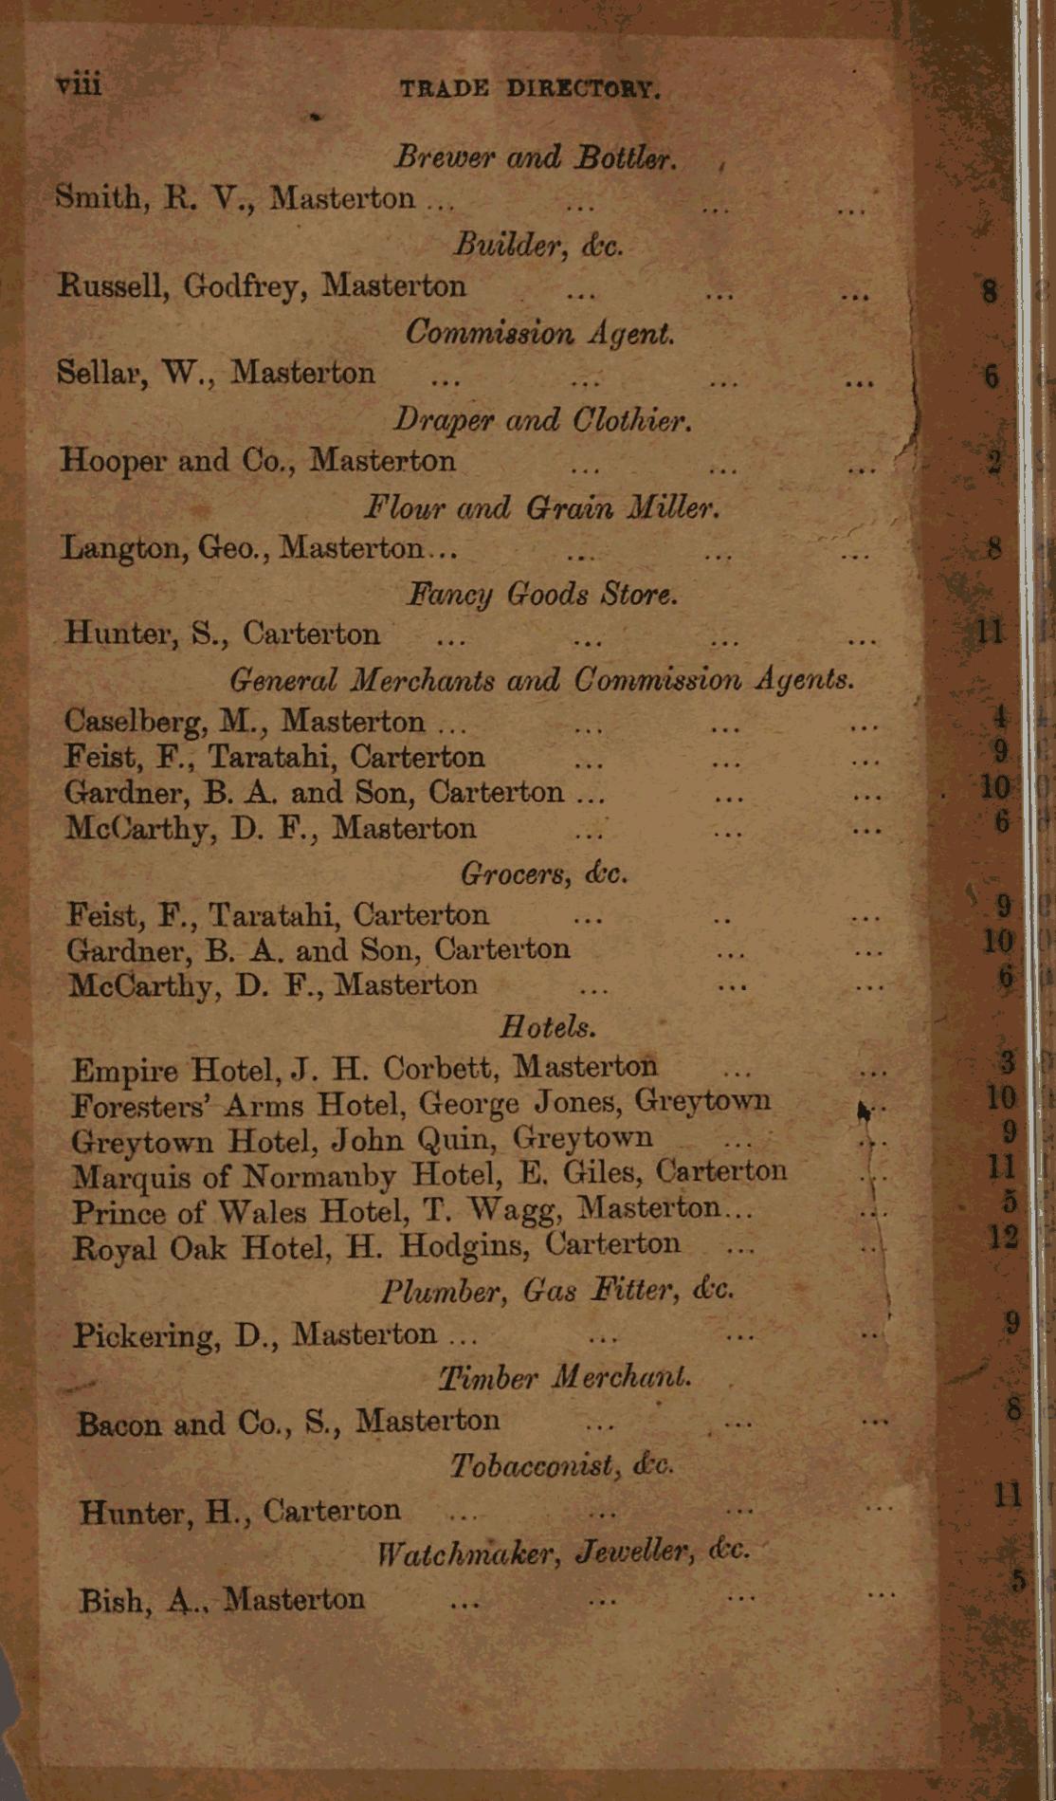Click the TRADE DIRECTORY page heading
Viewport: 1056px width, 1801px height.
coord(529,89)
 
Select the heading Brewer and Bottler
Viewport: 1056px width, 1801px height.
coord(536,156)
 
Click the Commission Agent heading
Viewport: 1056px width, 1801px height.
coord(540,333)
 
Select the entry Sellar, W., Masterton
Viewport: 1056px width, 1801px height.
coord(216,373)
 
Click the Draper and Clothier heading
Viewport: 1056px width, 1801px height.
coord(541,419)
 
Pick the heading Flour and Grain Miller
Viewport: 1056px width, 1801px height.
coord(542,507)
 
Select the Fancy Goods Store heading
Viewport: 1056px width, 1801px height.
coord(542,594)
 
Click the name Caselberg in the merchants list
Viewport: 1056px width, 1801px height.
coord(136,722)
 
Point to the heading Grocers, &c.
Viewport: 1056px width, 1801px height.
coord(544,873)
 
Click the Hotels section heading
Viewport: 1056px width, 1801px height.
coord(548,1026)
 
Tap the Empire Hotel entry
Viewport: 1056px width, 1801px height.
coord(364,1069)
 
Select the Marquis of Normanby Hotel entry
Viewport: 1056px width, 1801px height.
coord(429,1175)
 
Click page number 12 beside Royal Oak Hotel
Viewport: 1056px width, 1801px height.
coord(1003,1236)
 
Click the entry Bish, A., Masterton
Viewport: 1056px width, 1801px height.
coord(222,1601)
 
